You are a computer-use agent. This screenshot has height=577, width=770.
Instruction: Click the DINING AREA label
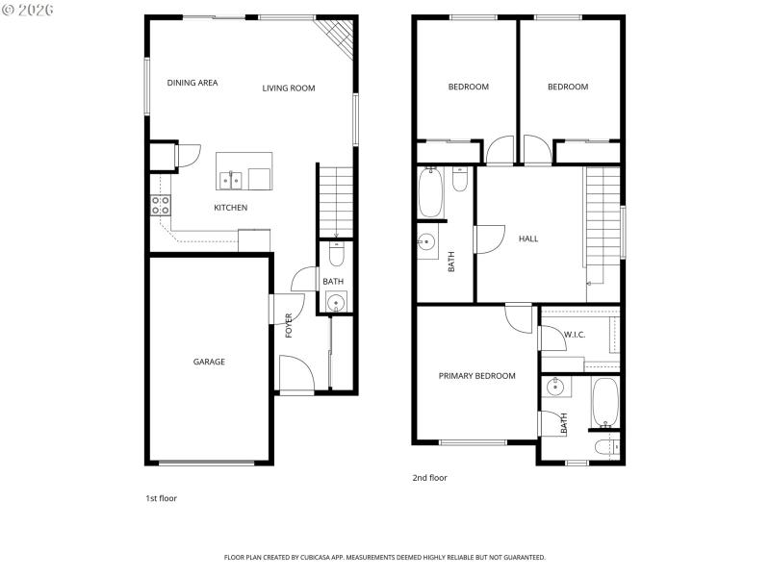pos(192,83)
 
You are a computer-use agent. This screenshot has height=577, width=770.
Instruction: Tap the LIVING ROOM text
pos(289,88)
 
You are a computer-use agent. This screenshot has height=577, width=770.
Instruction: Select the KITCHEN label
pos(230,208)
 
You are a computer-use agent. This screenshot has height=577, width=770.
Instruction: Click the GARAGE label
pos(209,362)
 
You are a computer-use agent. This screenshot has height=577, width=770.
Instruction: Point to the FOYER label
pos(288,325)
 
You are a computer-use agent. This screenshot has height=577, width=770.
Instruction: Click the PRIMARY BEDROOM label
pos(476,376)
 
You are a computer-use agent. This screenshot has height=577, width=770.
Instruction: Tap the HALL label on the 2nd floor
pos(528,238)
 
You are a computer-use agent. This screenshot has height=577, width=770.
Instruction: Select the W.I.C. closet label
pos(575,335)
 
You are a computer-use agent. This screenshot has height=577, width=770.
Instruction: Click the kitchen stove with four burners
pos(161,204)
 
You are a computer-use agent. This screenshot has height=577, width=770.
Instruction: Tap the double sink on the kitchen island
pos(230,179)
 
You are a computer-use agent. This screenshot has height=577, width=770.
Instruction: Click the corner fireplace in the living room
pos(338,37)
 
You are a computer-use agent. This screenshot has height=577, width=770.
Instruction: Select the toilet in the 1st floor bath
pos(334,254)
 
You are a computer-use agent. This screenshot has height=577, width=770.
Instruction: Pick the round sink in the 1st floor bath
pos(335,301)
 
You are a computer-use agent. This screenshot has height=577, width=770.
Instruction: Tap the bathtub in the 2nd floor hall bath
pos(430,193)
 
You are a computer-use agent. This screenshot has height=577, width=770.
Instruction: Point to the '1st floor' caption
pos(161,498)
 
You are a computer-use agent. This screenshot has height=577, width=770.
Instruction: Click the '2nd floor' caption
pos(429,477)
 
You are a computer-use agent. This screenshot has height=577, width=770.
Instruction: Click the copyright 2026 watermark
pos(28,9)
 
